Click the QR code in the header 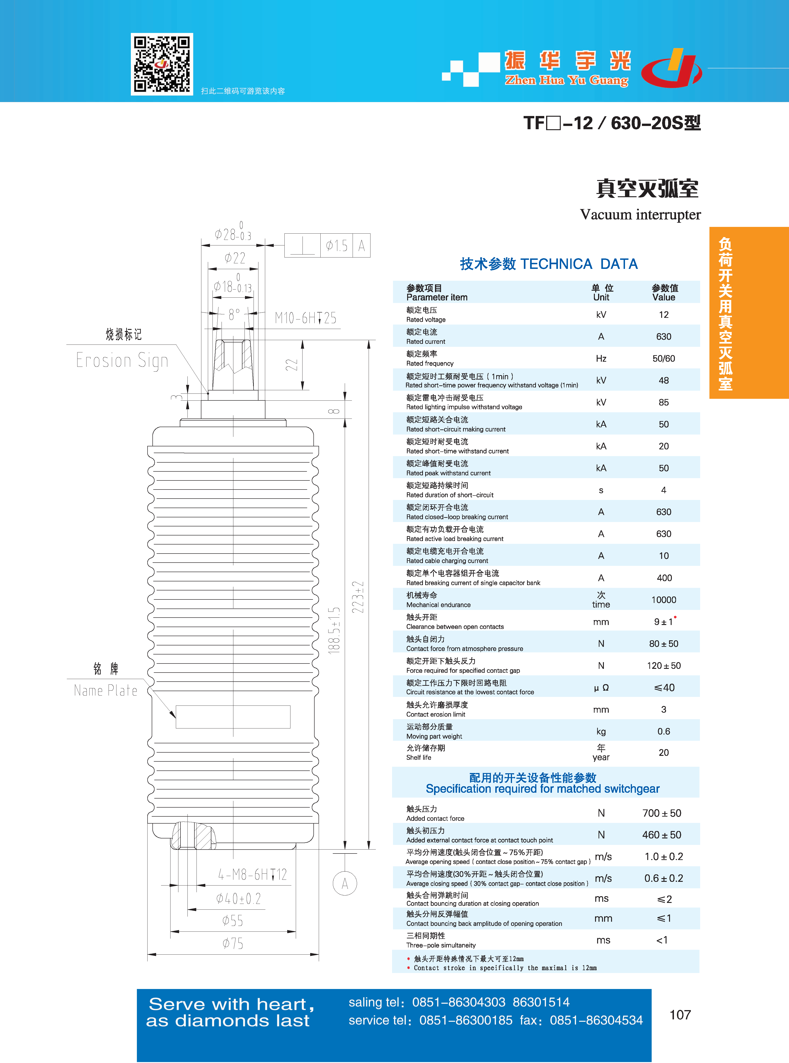tap(162, 64)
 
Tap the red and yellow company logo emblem tap(672, 68)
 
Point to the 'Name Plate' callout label tap(106, 690)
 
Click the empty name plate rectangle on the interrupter tap(233, 717)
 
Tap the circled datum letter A tap(345, 883)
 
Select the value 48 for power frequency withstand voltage tap(663, 381)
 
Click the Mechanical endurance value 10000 tap(663, 600)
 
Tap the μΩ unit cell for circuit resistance tap(601, 688)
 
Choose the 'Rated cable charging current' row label tap(447, 561)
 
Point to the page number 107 tap(680, 1015)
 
